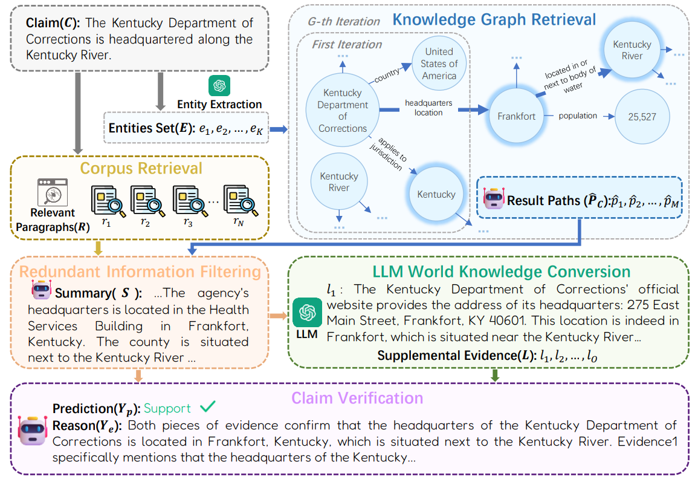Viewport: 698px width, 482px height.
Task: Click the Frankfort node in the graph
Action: (516, 116)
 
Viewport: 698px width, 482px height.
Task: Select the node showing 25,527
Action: (642, 117)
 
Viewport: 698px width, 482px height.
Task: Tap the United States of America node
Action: (439, 64)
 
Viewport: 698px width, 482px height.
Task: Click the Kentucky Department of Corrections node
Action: (342, 110)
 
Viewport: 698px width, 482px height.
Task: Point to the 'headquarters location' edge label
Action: (428, 108)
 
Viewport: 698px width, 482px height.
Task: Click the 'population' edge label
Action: (578, 116)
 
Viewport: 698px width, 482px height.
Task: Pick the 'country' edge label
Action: (386, 75)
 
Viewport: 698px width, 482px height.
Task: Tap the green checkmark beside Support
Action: (207, 406)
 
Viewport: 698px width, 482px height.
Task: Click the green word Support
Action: (167, 408)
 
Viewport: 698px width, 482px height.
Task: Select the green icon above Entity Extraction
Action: (219, 85)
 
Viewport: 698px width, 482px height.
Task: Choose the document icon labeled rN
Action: (241, 201)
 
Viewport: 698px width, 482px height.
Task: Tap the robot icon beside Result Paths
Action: (494, 198)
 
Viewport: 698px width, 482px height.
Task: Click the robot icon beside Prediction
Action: (33, 431)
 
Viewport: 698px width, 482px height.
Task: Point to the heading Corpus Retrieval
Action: (141, 168)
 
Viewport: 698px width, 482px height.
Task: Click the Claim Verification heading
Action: (357, 398)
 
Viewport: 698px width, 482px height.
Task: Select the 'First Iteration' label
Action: (347, 45)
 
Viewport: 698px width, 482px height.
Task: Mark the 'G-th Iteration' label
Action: (344, 21)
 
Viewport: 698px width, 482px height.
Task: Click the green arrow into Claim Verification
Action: (494, 375)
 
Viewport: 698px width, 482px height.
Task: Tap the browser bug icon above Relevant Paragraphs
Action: (53, 192)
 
